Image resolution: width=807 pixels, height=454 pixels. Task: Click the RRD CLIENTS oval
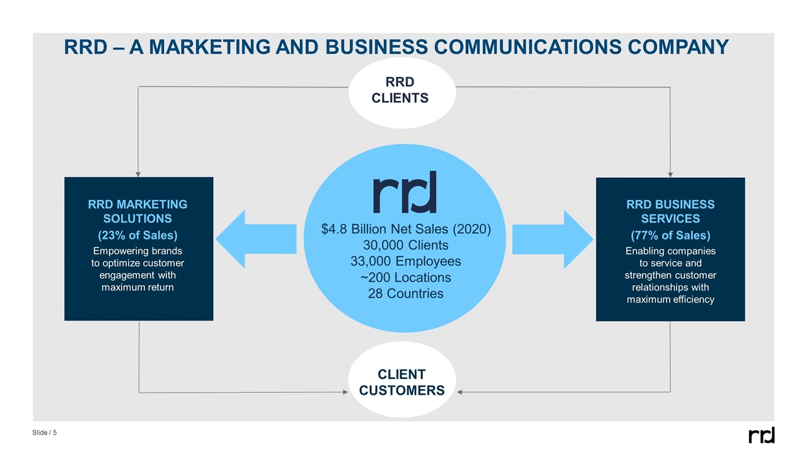click(x=402, y=91)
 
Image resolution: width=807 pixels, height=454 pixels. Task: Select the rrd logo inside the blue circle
click(x=405, y=192)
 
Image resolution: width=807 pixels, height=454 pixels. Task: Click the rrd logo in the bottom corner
click(x=761, y=435)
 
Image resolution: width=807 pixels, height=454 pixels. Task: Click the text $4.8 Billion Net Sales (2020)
click(x=405, y=229)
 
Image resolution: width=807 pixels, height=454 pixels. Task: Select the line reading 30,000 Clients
click(x=405, y=245)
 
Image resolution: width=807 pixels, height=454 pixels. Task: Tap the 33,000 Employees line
click(x=405, y=261)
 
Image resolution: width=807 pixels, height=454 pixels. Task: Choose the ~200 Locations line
click(x=405, y=277)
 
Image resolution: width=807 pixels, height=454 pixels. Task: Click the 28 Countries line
click(x=405, y=293)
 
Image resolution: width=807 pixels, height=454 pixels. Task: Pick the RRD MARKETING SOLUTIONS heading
click(x=137, y=211)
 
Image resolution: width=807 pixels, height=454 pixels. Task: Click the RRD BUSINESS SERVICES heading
click(x=670, y=211)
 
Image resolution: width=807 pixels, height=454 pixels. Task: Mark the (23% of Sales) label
click(x=137, y=235)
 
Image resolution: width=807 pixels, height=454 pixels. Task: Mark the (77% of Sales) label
click(x=670, y=235)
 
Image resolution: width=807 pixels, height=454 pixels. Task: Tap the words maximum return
click(x=137, y=288)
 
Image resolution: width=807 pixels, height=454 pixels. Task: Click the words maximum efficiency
click(x=670, y=300)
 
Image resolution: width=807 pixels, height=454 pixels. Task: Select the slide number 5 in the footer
click(x=55, y=433)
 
